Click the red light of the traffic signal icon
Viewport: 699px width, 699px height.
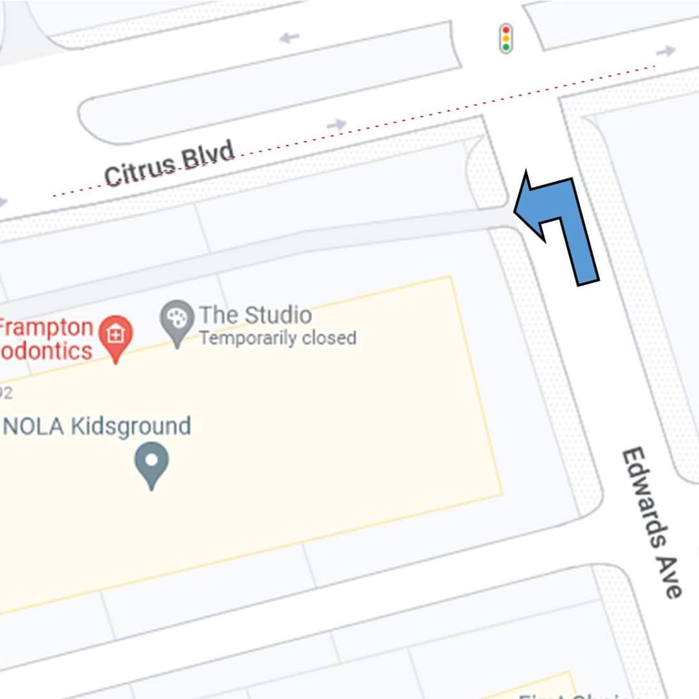[505, 30]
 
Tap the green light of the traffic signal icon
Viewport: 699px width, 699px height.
[505, 47]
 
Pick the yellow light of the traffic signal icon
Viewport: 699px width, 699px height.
[505, 38]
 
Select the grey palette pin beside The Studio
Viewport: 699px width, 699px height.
[177, 318]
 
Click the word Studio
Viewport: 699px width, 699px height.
[274, 315]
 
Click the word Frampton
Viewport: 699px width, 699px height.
[47, 327]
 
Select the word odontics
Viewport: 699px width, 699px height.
[47, 351]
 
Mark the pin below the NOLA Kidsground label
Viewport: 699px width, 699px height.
[151, 462]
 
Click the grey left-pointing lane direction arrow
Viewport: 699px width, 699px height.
[289, 38]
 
